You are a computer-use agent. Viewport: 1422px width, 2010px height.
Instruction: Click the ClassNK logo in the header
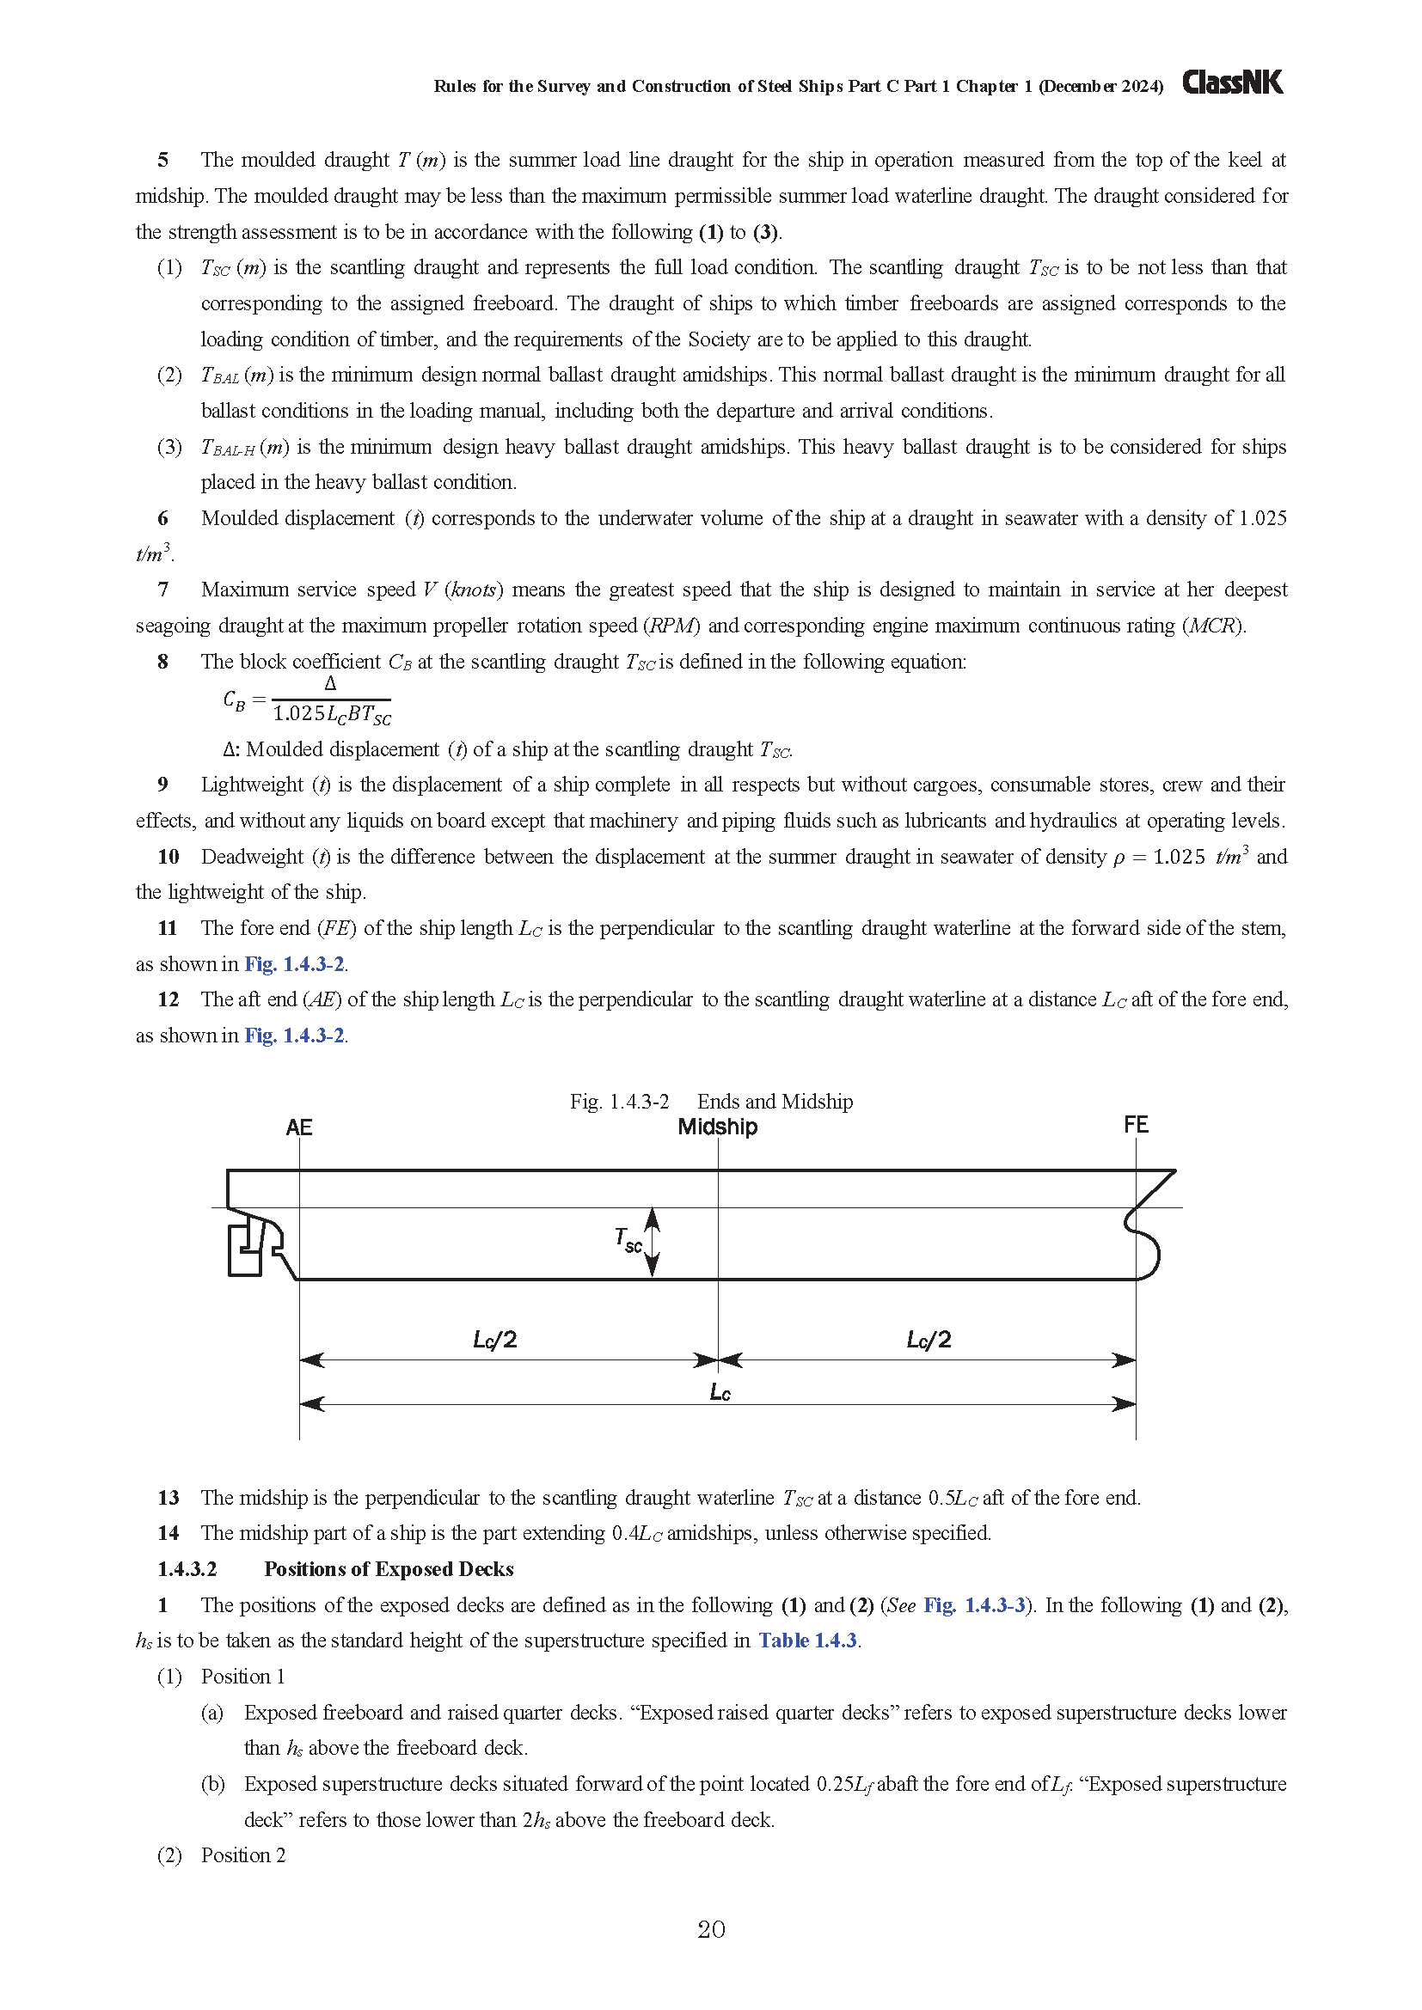[x=1232, y=83]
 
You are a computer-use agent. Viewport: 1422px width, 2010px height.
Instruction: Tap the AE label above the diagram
[x=298, y=1127]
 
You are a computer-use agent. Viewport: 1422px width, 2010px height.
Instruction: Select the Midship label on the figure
[x=717, y=1127]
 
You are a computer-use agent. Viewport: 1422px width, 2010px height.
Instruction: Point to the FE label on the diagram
[x=1136, y=1125]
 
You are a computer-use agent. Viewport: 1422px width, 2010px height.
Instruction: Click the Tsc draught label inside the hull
[x=628, y=1240]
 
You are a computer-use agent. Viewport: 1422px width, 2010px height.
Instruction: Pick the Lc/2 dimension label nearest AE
[x=494, y=1340]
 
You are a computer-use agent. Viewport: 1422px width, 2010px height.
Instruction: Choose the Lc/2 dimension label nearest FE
[x=929, y=1340]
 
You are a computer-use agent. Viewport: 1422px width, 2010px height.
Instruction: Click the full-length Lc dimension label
[x=720, y=1392]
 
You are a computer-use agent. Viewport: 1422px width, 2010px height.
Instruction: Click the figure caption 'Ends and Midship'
[x=774, y=1102]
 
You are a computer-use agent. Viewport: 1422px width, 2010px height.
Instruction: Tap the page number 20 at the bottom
[x=711, y=1929]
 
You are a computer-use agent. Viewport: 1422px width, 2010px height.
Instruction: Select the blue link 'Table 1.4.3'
[x=807, y=1640]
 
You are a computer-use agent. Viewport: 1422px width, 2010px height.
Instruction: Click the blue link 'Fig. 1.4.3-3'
[x=975, y=1604]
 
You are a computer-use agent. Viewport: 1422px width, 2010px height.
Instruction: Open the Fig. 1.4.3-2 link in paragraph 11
[x=294, y=964]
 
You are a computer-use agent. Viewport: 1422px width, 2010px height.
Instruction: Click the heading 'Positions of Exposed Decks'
[x=389, y=1569]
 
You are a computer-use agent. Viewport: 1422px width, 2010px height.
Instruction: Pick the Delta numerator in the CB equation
[x=330, y=684]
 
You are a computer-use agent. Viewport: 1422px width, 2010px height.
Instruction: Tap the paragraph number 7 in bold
[x=162, y=590]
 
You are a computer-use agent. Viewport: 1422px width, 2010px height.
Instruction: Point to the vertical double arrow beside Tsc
[x=653, y=1242]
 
